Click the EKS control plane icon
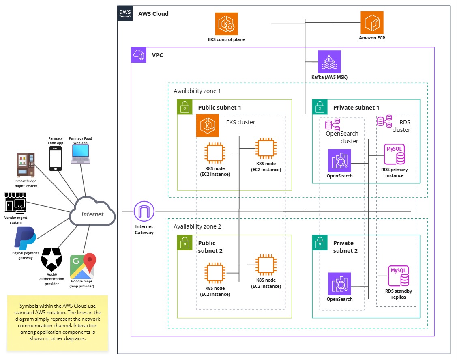(x=226, y=24)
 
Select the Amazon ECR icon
(x=372, y=23)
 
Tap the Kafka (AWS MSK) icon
(x=329, y=62)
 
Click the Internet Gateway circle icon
(x=144, y=211)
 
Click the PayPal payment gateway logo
(x=26, y=238)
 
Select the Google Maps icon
(x=83, y=266)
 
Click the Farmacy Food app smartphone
(x=56, y=158)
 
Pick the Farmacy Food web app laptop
(x=80, y=154)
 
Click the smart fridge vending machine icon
(x=26, y=165)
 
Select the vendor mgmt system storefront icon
(x=16, y=203)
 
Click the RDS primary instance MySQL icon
(x=394, y=154)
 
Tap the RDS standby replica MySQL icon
(x=399, y=276)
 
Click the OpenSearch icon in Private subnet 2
(x=339, y=284)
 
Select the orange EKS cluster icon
(x=208, y=125)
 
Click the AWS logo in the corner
(x=125, y=13)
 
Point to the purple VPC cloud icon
(x=139, y=55)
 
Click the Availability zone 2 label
(x=197, y=226)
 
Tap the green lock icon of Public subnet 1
(x=185, y=107)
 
